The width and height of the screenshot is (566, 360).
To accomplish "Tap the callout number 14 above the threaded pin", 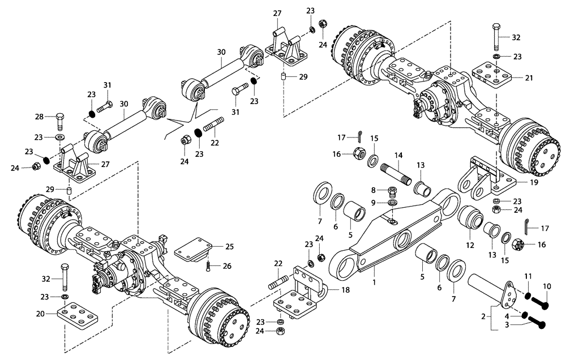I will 398,155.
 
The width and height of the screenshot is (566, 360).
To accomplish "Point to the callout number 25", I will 229,247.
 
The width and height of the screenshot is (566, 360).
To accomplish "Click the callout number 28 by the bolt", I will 38,117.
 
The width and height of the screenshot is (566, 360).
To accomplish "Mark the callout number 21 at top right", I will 529,78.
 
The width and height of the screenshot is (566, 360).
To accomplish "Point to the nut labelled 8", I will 392,190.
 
